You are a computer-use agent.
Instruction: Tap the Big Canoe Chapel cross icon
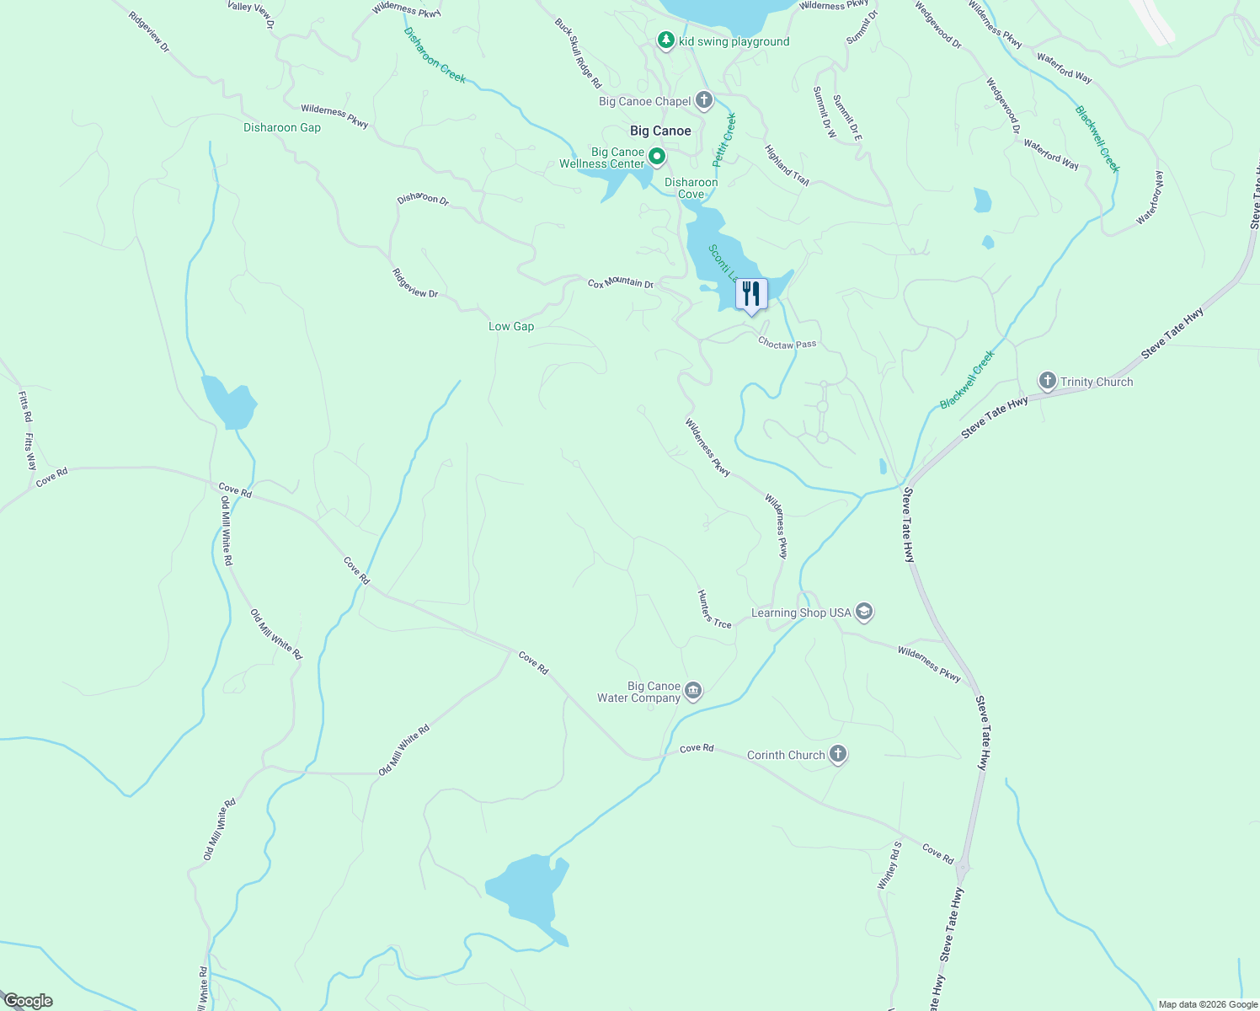coord(704,101)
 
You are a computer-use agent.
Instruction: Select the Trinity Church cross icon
coord(1047,382)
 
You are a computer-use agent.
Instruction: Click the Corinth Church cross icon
coord(837,754)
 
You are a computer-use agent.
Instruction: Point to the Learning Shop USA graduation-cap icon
coord(863,612)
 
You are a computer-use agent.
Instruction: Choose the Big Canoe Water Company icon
coord(692,692)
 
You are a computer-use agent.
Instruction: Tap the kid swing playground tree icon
coord(666,40)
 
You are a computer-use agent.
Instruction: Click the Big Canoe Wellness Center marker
coord(657,157)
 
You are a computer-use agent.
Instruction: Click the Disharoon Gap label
coord(282,127)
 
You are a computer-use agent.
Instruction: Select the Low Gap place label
coord(511,326)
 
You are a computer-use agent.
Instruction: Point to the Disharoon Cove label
coord(691,188)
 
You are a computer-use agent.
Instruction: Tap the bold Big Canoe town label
coord(660,131)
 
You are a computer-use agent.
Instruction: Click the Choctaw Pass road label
coord(787,344)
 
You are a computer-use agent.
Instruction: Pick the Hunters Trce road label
coord(714,609)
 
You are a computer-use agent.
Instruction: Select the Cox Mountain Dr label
coord(621,284)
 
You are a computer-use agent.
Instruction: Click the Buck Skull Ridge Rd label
coord(578,53)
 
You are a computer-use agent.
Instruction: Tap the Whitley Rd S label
coord(889,864)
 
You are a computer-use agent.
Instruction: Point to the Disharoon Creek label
coord(435,56)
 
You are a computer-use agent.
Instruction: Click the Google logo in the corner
coord(28,1001)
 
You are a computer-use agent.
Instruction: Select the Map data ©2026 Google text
coord(1208,1004)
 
